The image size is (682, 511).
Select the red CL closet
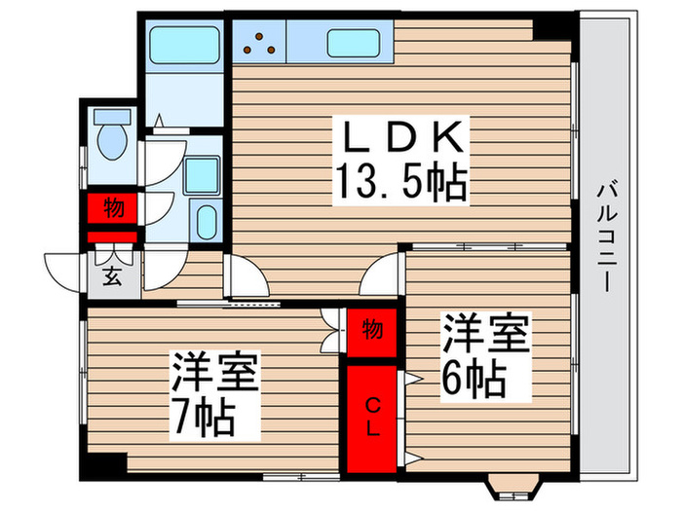point(371,413)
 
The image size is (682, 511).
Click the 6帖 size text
point(475,378)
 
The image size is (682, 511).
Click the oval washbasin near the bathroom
point(208,220)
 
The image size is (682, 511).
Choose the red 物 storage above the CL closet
point(371,329)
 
